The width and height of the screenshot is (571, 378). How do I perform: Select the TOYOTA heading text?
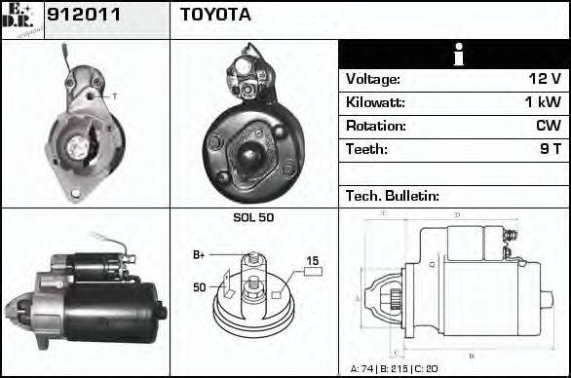215,16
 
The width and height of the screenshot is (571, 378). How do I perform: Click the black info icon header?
454,55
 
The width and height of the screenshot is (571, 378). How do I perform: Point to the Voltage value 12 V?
540,80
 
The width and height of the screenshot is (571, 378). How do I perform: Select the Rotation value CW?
548,127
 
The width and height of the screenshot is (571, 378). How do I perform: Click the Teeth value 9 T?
548,150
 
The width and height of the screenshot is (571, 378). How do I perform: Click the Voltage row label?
372,80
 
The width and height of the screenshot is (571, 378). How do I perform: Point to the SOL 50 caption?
253,217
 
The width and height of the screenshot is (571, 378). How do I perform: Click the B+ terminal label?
199,255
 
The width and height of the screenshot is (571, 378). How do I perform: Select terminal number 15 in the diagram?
313,260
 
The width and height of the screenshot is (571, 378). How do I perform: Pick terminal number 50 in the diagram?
199,287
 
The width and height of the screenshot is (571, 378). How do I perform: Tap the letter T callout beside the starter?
114,95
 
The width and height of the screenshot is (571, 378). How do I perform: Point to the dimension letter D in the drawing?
457,214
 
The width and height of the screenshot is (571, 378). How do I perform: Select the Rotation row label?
374,127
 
